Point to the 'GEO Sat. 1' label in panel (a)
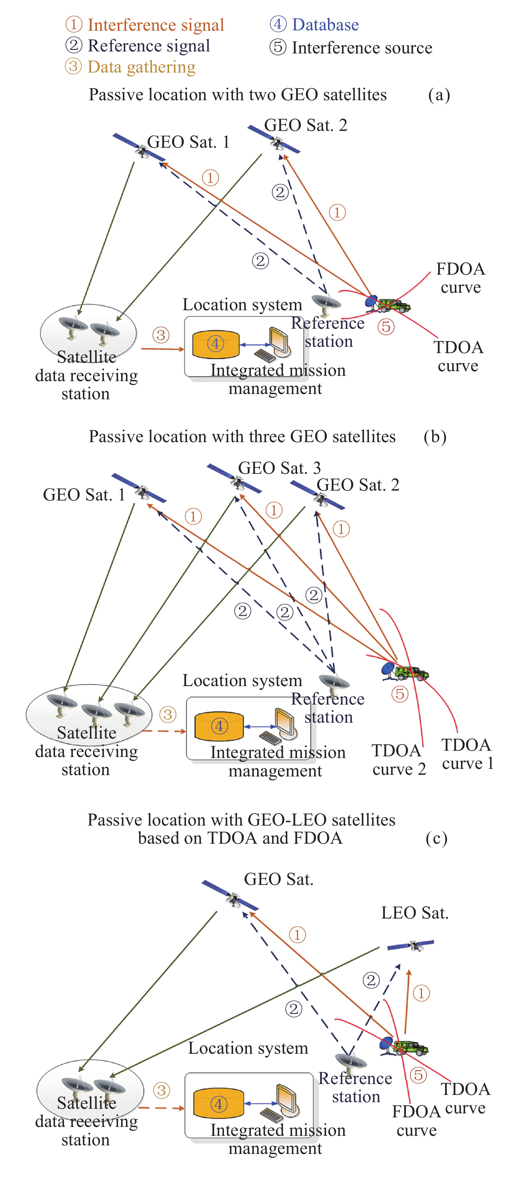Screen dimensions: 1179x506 coord(188,142)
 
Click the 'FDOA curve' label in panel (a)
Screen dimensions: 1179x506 coord(460,278)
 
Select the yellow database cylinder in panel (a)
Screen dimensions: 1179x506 coord(216,344)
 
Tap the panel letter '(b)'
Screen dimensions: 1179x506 coord(434,437)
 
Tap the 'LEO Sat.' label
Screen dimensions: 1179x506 coord(414,913)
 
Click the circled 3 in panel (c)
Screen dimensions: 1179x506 coord(162,1090)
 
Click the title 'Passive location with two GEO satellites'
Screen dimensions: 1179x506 coord(237,95)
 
